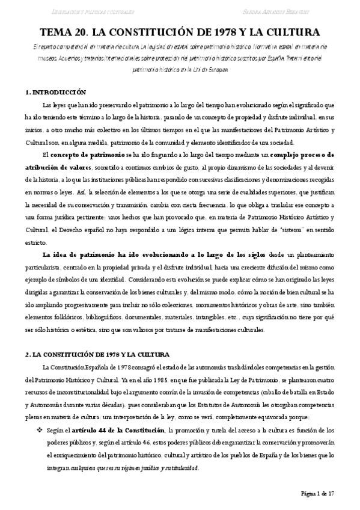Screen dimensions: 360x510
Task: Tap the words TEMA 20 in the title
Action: (62, 32)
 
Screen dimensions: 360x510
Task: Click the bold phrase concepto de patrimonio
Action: (88, 155)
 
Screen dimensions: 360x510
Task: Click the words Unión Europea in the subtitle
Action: (211, 70)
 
